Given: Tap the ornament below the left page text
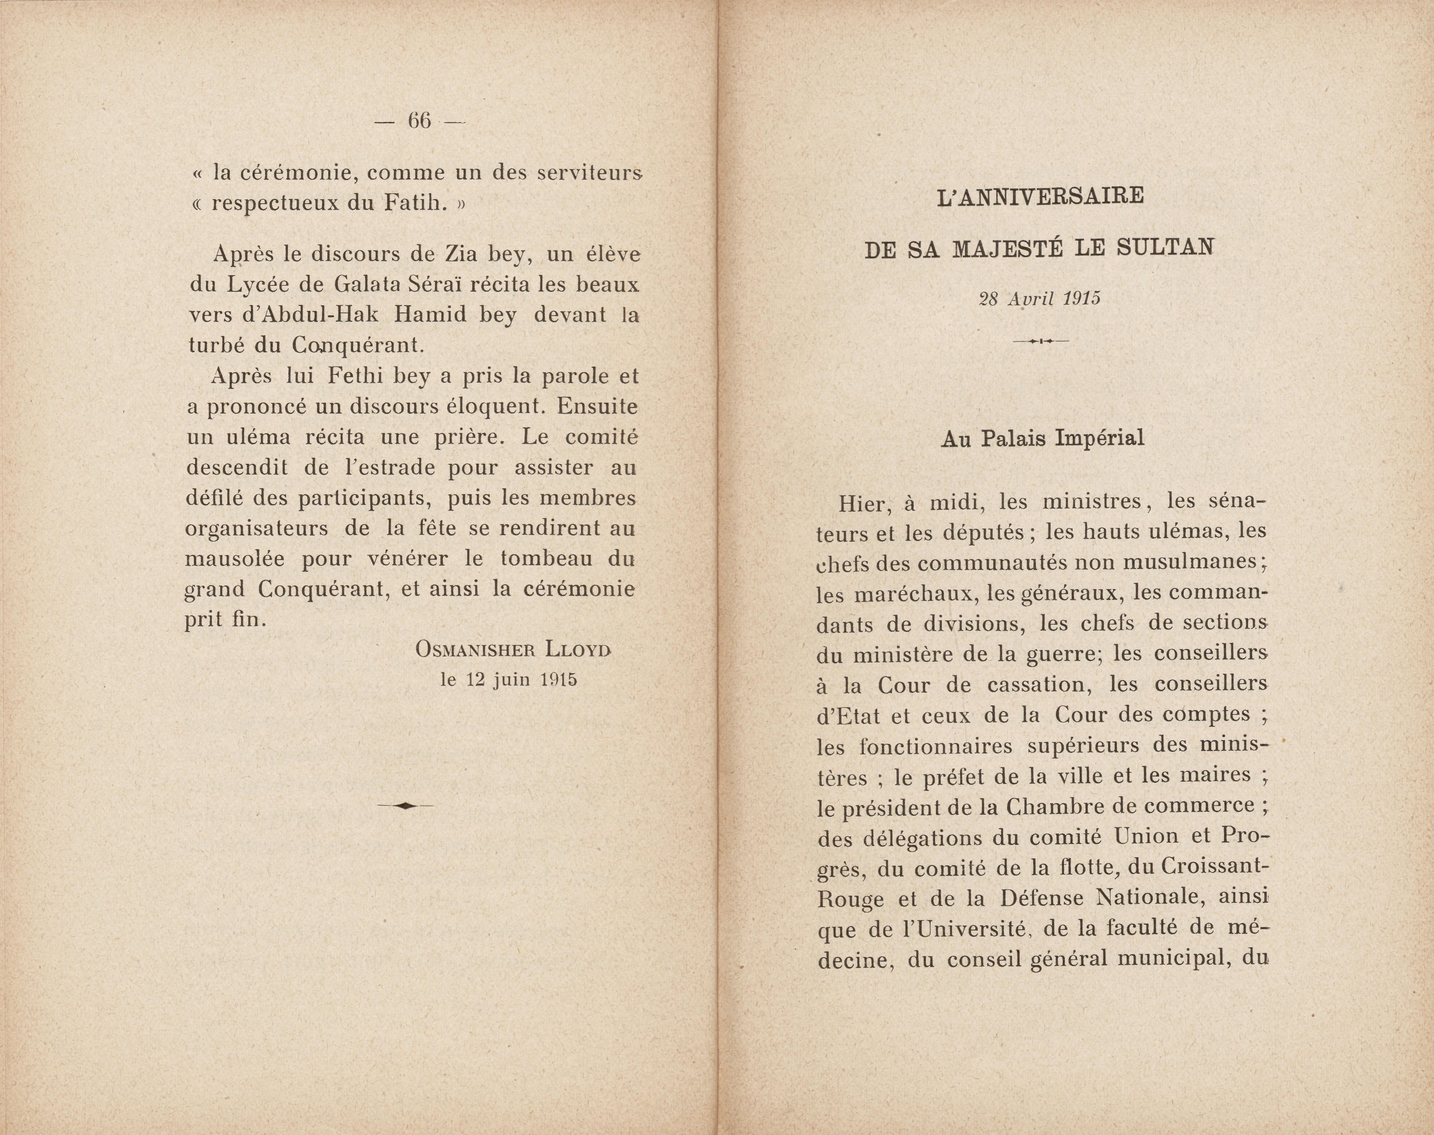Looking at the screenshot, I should [x=405, y=805].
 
